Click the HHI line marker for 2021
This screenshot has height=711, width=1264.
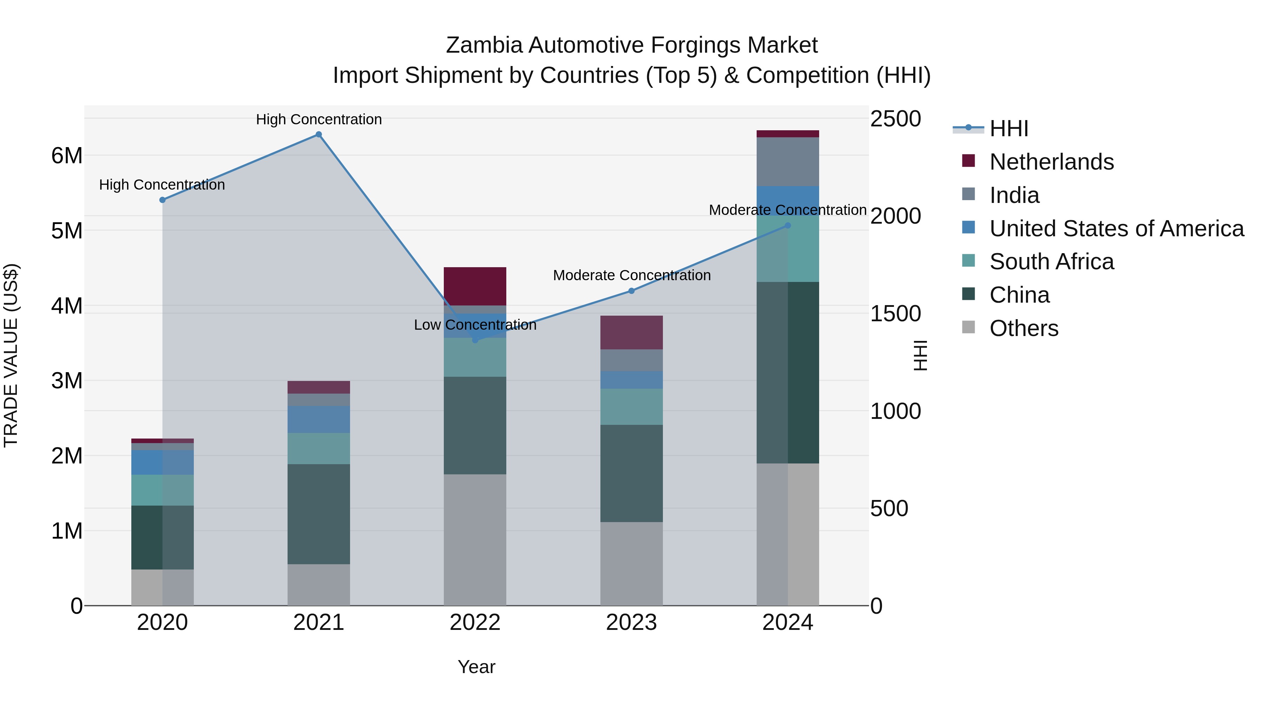tap(318, 134)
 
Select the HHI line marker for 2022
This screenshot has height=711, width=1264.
tap(475, 340)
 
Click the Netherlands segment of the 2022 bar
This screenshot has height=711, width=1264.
tap(475, 287)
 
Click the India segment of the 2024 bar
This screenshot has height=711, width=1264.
tap(788, 162)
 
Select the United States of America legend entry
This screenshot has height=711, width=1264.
tap(1116, 229)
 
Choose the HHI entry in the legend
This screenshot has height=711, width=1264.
tap(1008, 129)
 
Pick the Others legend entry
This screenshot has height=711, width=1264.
tap(1023, 328)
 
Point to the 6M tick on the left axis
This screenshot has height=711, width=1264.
tap(67, 156)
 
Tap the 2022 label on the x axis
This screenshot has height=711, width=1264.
tap(475, 623)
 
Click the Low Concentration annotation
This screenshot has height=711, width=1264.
tap(475, 325)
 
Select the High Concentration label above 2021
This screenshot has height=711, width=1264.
tap(318, 119)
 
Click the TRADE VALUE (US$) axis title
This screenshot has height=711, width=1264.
tap(11, 355)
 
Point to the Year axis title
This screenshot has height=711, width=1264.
tap(476, 667)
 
